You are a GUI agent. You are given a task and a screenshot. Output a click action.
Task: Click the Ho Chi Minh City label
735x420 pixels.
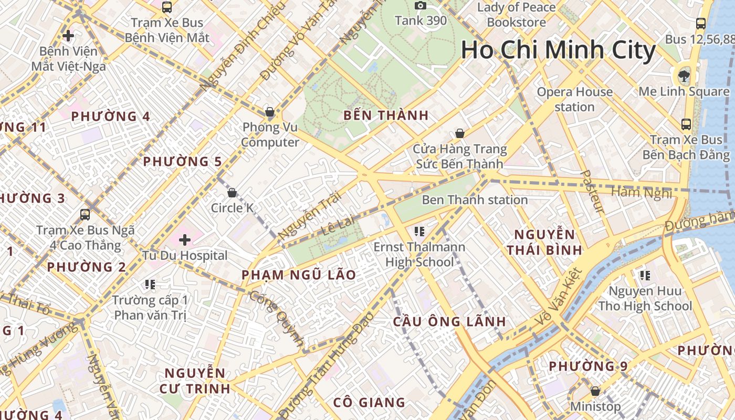pos(558,51)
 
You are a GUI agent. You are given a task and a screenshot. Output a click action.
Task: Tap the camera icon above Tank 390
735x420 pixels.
pos(420,6)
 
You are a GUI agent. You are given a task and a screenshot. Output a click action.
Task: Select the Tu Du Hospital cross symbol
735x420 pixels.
pos(184,240)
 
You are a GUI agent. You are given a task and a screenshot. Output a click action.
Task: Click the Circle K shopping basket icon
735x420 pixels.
pos(232,193)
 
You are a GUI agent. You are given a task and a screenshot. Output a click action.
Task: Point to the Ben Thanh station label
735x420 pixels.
pos(475,200)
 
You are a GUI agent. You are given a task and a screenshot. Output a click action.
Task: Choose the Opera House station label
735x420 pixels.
pos(574,99)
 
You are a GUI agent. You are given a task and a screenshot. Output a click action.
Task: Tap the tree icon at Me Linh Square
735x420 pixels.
pos(684,76)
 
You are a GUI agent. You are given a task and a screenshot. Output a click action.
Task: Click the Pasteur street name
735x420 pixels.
pos(593,192)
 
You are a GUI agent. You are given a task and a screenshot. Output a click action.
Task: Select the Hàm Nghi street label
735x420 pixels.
pos(642,193)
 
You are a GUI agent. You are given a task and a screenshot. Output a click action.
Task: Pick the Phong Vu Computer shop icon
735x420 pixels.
pos(270,112)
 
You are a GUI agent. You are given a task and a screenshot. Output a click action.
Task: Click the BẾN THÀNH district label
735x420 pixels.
pos(386,115)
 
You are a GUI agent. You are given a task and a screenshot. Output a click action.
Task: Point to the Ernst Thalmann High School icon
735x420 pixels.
pos(419,230)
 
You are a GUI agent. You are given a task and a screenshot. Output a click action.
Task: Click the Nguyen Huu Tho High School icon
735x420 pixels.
pos(645,275)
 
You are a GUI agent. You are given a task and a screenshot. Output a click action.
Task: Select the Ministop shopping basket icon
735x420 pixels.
pos(595,391)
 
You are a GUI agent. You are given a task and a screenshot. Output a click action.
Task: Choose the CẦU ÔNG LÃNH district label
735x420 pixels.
pos(449,321)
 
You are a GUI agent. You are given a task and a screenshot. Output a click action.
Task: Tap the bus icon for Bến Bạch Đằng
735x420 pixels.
pos(686,124)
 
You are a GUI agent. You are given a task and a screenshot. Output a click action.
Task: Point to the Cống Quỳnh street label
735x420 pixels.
pos(276,319)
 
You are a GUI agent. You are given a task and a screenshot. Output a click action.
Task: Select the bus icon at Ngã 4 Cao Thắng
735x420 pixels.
pos(85,215)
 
